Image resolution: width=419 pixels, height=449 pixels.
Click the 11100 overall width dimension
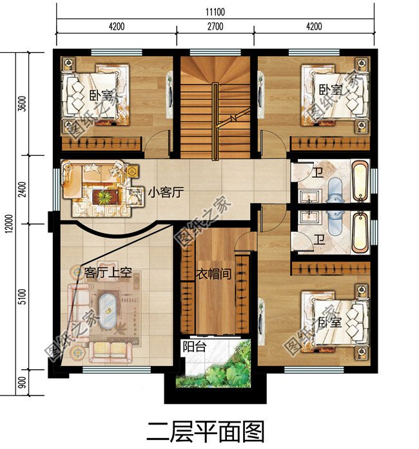coord(215,12)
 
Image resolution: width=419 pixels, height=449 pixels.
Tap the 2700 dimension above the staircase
coord(215,26)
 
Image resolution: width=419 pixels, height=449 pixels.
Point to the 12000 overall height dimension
coord(9,224)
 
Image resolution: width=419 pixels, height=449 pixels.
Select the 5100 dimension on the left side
coord(23,297)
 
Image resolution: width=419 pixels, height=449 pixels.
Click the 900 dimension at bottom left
coord(23,383)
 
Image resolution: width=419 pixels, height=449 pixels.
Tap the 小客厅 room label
coord(166,193)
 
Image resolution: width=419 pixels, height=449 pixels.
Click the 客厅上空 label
coord(108,272)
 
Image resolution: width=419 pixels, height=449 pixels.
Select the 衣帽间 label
coord(214,274)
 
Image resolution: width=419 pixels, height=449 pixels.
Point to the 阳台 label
coord(195,347)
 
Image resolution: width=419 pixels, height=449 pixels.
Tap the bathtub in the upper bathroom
coord(360,181)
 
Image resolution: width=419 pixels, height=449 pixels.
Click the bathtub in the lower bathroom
coord(360,233)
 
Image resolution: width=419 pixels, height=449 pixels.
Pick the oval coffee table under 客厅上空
coord(108,311)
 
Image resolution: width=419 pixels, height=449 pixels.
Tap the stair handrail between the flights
coord(215,121)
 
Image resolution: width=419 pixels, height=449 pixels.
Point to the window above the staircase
coord(215,52)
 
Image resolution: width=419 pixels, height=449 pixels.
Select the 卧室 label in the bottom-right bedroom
coord(330,323)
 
